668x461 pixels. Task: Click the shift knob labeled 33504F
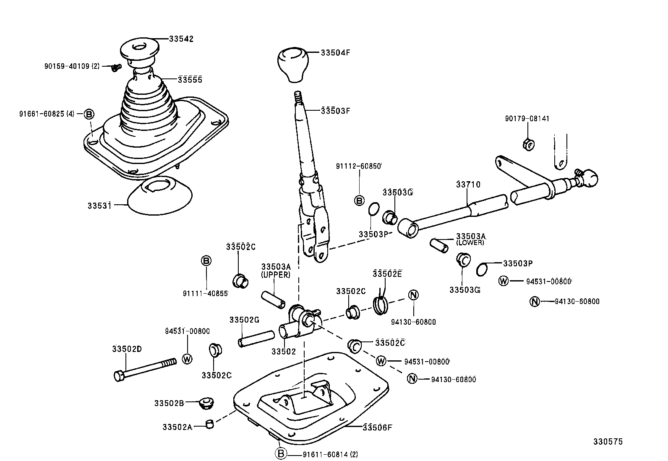point(292,64)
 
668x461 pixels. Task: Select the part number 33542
point(181,39)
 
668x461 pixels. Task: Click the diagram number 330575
point(608,442)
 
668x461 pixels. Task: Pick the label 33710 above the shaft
point(468,185)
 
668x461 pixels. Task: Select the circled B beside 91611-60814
point(281,453)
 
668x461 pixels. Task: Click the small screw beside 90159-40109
point(116,67)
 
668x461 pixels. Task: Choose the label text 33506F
point(377,427)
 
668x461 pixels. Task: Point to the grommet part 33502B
point(206,403)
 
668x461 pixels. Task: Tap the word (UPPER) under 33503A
point(275,275)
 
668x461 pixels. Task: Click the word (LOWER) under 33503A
point(470,242)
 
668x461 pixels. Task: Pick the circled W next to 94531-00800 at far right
point(504,281)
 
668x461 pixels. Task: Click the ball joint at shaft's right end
point(590,178)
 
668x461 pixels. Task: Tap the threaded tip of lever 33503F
point(298,98)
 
